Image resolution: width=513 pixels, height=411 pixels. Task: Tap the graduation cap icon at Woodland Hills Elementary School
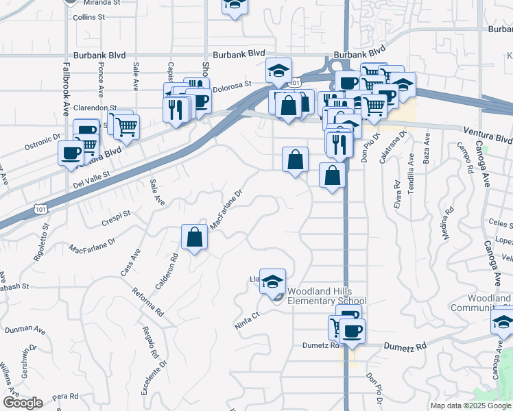pos(272,282)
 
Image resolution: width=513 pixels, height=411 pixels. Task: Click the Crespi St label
pos(116,215)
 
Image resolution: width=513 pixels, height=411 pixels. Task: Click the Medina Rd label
pos(447,224)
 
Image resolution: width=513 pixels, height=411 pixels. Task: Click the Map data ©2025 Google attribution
pos(470,406)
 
